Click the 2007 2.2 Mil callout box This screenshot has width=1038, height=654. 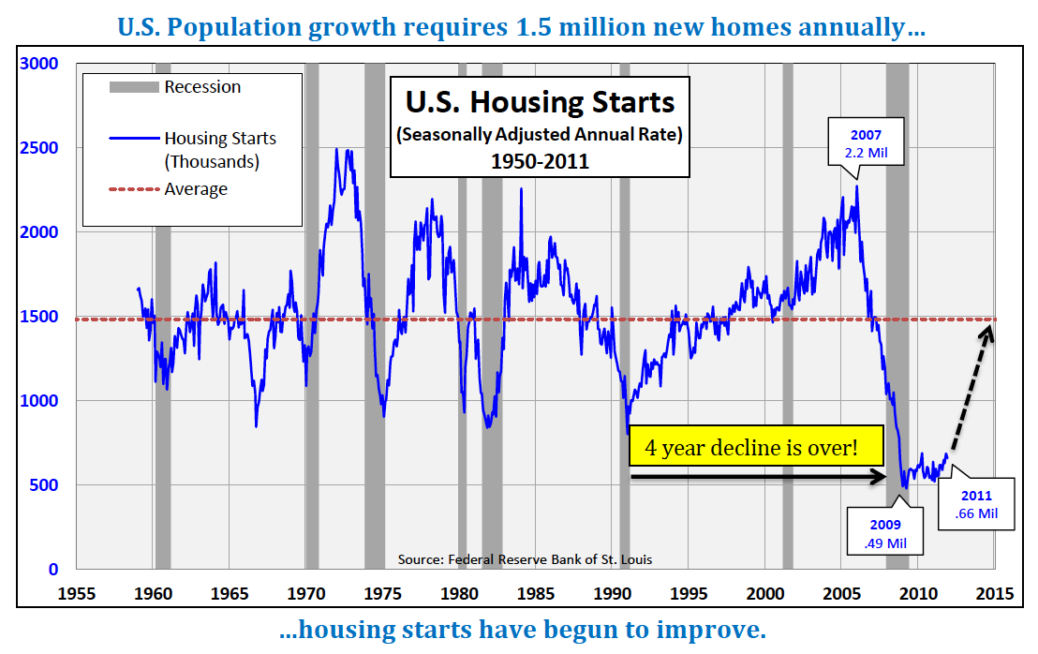pyautogui.click(x=865, y=141)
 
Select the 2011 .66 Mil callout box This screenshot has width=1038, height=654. pyautogui.click(x=977, y=504)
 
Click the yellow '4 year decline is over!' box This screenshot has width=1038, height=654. pyautogui.click(x=756, y=447)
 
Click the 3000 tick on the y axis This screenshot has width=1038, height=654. pyautogui.click(x=40, y=64)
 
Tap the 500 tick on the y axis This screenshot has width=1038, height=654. pyautogui.click(x=45, y=485)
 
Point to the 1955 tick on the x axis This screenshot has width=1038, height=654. pyautogui.click(x=77, y=593)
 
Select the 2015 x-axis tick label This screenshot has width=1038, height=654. pyautogui.click(x=994, y=593)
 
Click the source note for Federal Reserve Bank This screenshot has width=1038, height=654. pyautogui.click(x=525, y=559)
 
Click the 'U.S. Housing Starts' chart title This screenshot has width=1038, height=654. pyautogui.click(x=540, y=101)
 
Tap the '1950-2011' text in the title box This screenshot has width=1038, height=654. pyautogui.click(x=540, y=160)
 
